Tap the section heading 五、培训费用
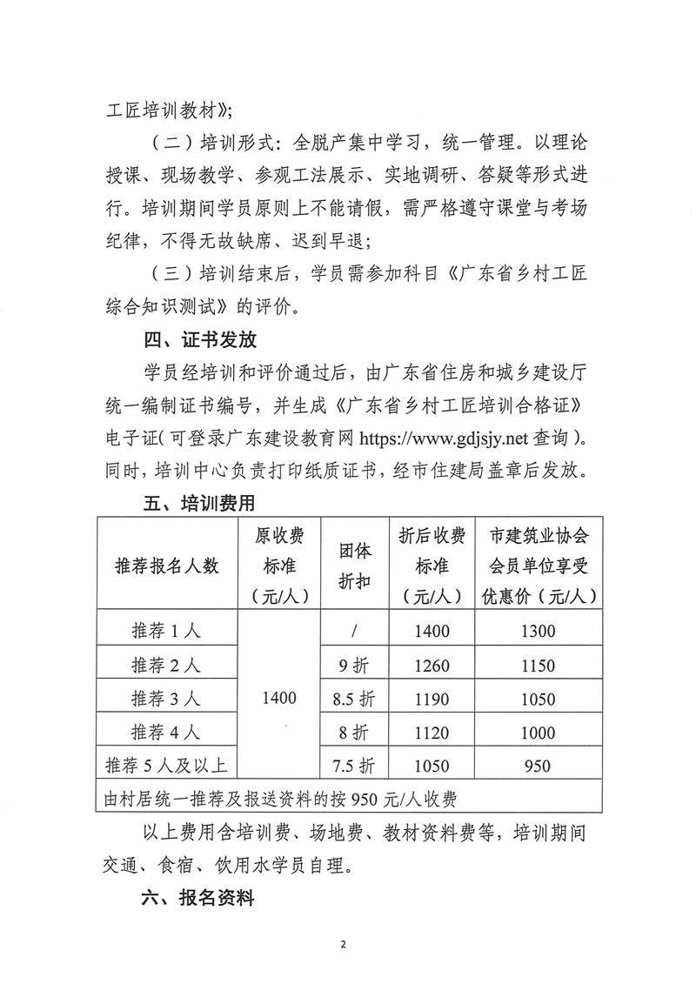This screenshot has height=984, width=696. click(x=198, y=504)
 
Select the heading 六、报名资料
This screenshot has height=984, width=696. click(x=198, y=900)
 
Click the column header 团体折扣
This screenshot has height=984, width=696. click(x=354, y=566)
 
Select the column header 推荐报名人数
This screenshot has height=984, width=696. click(x=167, y=566)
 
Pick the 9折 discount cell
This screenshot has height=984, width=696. click(x=354, y=666)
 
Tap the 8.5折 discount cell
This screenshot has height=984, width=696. click(x=354, y=699)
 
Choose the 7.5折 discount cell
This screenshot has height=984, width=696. click(x=354, y=766)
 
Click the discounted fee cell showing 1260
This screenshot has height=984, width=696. click(x=432, y=666)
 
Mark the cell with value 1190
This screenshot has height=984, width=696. click(x=432, y=699)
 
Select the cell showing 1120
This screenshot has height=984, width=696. click(x=432, y=733)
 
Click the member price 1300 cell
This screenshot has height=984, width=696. click(x=538, y=633)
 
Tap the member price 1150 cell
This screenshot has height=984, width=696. click(x=538, y=666)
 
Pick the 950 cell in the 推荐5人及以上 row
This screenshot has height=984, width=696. click(x=538, y=766)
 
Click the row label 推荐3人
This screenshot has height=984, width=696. click(x=166, y=699)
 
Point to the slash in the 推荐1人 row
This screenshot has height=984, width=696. click(x=354, y=633)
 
